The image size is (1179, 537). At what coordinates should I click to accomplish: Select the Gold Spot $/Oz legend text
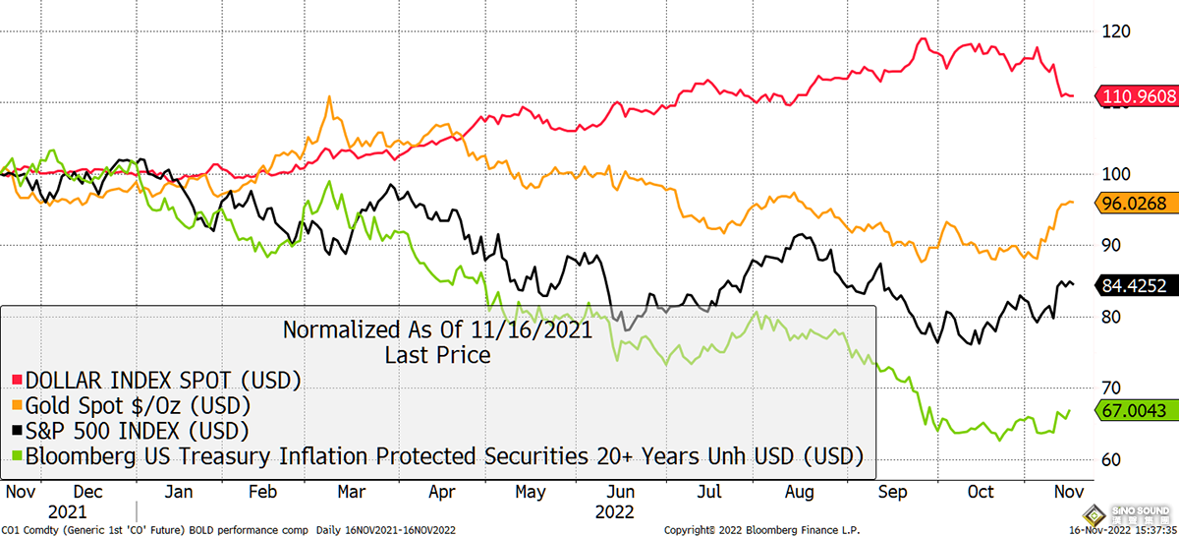138,404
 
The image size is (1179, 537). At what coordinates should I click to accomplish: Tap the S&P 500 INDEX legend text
137,430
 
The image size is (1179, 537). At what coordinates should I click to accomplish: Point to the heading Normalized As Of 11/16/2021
437,329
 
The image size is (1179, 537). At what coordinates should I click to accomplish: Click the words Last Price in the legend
437,354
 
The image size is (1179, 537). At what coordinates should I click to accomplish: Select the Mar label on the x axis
351,491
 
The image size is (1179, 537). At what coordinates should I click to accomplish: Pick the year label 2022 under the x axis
615,511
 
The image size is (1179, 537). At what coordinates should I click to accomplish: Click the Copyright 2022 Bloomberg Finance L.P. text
761,530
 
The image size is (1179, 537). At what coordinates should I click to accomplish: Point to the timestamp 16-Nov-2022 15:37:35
1027,530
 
